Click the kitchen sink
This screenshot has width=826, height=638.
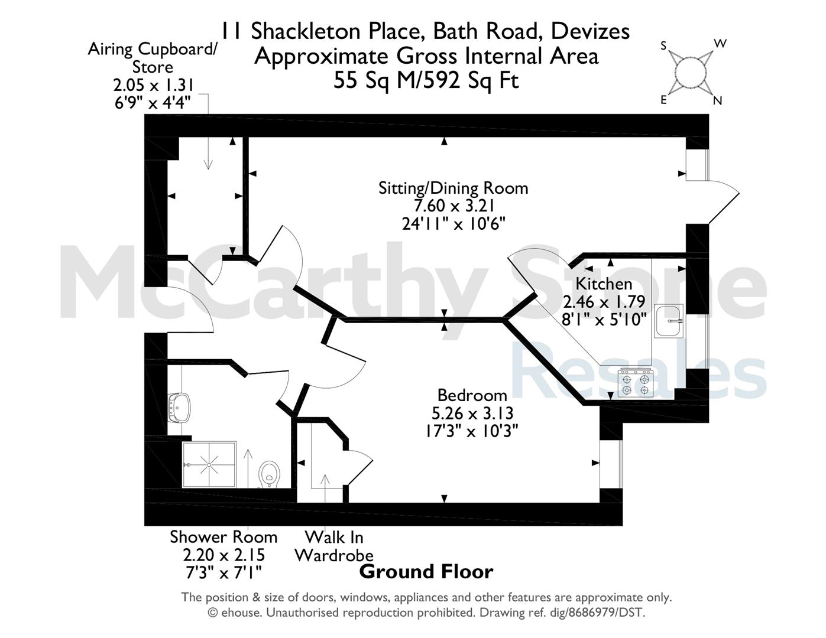coord(669,321)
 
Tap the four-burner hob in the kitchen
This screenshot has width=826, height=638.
coord(636,383)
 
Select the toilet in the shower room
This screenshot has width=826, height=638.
coord(269,474)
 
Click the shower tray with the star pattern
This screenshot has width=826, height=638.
coord(209,464)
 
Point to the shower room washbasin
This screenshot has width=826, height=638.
coord(179,408)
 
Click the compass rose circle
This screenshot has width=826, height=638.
coord(690,73)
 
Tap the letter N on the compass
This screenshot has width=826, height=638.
coord(717,100)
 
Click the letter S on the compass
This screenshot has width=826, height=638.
coord(663,46)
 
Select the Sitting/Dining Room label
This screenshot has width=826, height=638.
coord(453,188)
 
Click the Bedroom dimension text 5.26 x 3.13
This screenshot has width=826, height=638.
coord(472,413)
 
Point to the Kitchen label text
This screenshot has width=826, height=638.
coord(604,284)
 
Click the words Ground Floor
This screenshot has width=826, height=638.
coord(426,572)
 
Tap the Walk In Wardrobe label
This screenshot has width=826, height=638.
coord(334,546)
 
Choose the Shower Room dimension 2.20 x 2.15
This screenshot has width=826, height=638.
coord(223,555)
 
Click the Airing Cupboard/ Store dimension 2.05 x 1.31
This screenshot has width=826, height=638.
coord(153,84)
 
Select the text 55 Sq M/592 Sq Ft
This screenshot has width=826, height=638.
coord(426,80)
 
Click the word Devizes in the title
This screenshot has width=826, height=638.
coord(590,31)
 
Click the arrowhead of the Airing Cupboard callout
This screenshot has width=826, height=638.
coord(208,164)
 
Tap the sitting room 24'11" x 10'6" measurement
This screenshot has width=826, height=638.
coord(454,224)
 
